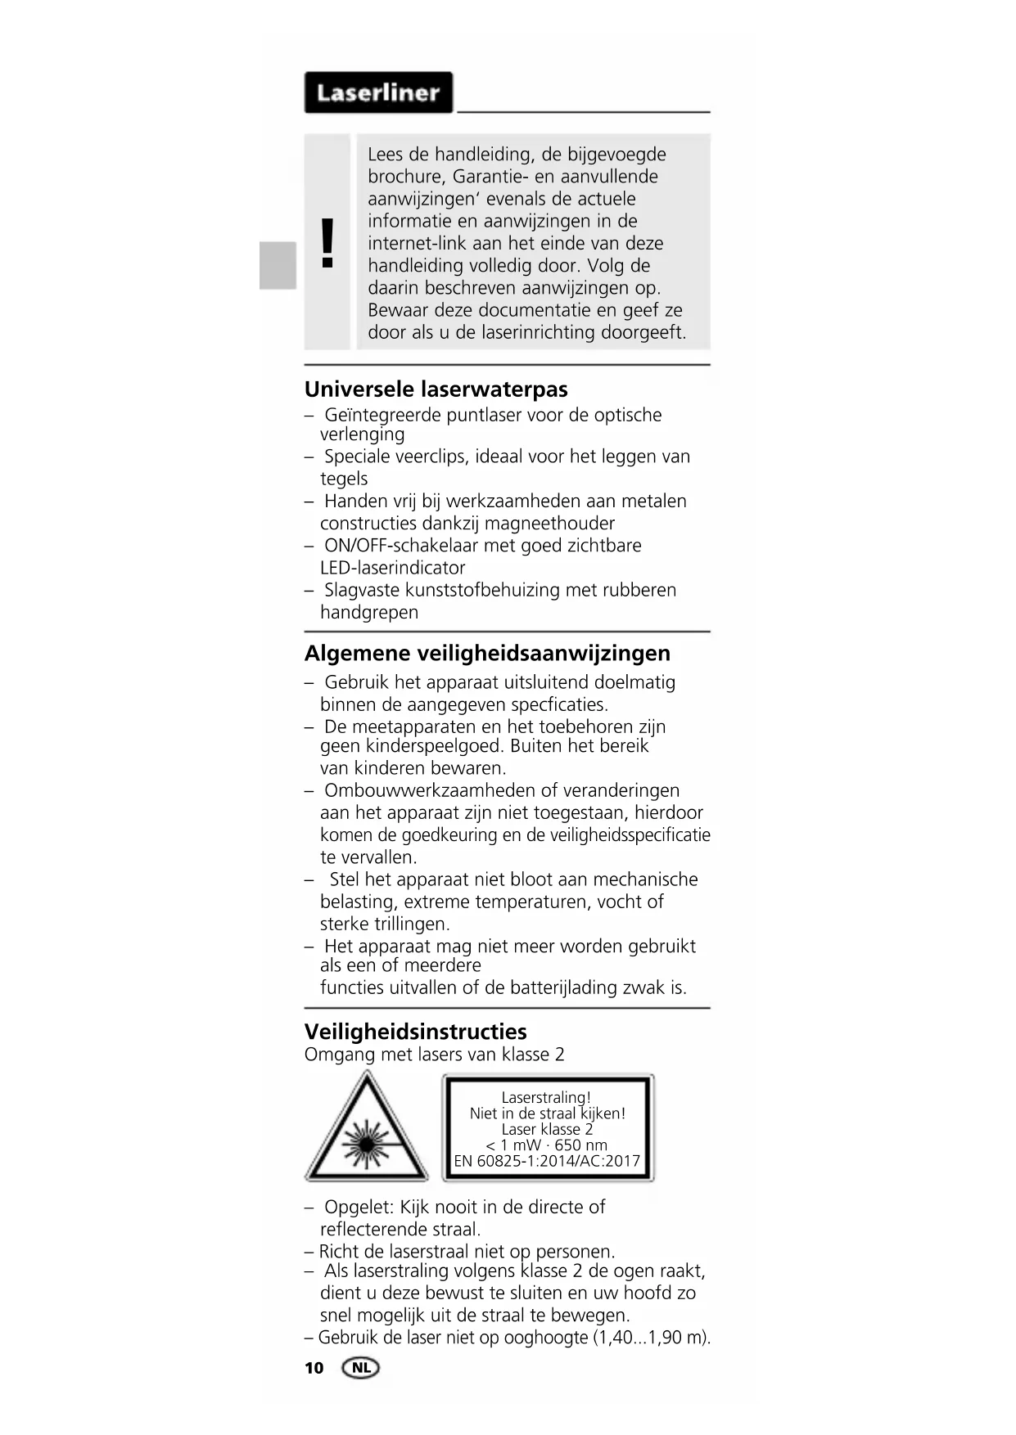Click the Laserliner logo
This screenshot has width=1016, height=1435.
[x=378, y=92]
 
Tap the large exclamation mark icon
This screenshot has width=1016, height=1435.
[x=327, y=243]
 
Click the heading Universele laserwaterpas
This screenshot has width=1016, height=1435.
[x=436, y=389]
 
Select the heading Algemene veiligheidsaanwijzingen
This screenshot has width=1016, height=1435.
[x=487, y=654]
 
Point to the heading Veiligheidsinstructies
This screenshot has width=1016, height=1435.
[x=415, y=1032]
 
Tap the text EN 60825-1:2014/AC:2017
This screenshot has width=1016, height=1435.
[x=547, y=1161]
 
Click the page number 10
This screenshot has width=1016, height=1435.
[x=314, y=1368]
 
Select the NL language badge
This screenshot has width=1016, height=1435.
[x=361, y=1368]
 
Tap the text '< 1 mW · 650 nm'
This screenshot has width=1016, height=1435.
[x=546, y=1145]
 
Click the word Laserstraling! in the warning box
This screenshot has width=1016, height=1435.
[x=546, y=1098]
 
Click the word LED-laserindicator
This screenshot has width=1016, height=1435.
[x=392, y=568]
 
